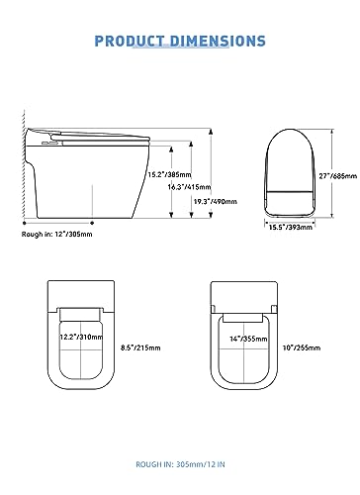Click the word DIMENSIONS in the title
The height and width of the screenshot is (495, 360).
coord(218,41)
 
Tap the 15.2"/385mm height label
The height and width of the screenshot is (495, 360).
coord(169,174)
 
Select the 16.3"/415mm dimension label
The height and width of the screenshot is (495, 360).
coord(189,187)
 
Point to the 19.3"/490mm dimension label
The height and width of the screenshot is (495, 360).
coord(215,201)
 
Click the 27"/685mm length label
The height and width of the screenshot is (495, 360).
coord(338,176)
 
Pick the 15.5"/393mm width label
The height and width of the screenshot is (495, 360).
coord(291,227)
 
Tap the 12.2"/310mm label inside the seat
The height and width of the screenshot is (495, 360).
coord(81,337)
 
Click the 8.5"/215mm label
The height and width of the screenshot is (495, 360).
coord(140,347)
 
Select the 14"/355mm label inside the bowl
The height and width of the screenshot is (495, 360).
coord(248,339)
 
